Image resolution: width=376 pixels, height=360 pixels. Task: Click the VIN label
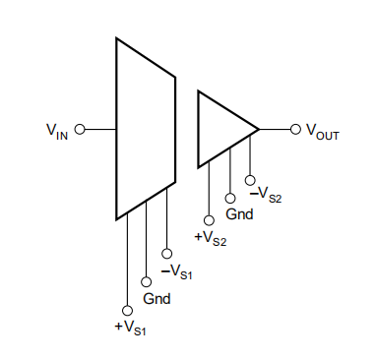[55, 130]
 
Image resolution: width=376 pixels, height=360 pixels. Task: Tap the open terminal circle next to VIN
[81, 129]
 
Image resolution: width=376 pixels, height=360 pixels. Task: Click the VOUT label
[322, 131]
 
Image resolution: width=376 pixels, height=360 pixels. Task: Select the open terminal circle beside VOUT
[293, 129]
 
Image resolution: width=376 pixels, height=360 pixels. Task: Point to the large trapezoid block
[145, 128]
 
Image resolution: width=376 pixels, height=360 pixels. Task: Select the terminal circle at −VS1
[165, 253]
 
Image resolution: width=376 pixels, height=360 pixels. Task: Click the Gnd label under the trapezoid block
[157, 298]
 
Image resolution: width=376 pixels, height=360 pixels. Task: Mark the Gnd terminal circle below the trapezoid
[146, 281]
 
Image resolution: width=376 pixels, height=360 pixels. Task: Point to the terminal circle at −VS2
[251, 179]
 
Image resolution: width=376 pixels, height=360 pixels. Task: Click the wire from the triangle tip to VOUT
[274, 129]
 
